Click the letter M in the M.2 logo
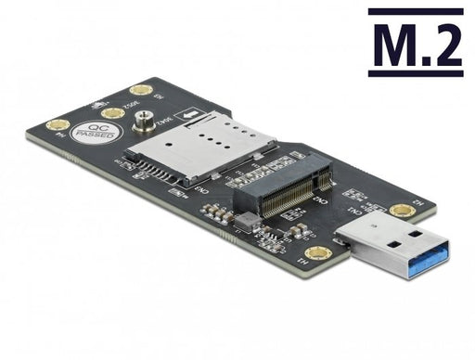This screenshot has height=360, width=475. (x=392, y=44)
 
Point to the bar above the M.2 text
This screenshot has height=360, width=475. (x=415, y=12)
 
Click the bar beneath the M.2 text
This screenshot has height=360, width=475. (x=415, y=71)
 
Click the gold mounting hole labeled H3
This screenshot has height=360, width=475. (x=141, y=91)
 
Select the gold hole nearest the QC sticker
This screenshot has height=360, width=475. (x=111, y=113)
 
